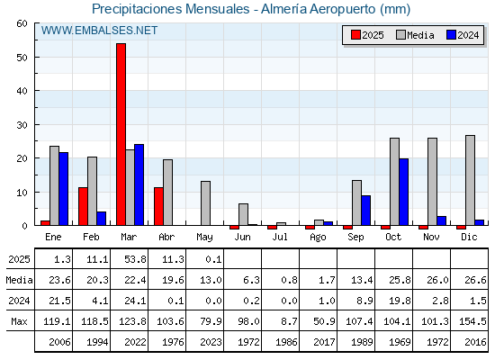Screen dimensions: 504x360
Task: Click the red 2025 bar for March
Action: tap(121, 134)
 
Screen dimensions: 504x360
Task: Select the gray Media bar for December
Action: tap(470, 180)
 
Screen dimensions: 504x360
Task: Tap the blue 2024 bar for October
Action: tap(404, 192)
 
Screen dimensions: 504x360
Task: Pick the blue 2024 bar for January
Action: tap(63, 189)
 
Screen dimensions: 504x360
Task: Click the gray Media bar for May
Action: tap(206, 203)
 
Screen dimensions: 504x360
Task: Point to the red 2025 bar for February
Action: tap(83, 206)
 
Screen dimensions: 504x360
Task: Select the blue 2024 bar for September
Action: tap(365, 211)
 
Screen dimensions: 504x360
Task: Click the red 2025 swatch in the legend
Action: tap(355, 35)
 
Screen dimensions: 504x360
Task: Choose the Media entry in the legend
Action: tap(415, 35)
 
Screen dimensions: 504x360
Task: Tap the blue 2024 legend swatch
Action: tap(451, 35)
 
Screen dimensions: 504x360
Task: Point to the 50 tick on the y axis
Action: tap(22, 58)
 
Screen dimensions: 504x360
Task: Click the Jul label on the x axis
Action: tap(280, 237)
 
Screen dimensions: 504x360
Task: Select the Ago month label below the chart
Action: tap(318, 238)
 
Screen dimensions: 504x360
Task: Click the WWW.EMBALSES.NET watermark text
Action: tap(99, 31)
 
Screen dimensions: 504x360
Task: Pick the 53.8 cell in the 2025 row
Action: tap(135, 259)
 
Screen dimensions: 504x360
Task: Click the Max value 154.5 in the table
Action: tap(472, 321)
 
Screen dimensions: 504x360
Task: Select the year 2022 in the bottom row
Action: tap(135, 342)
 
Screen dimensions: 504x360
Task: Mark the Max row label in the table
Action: tap(19, 321)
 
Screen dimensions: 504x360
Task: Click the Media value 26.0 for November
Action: tap(437, 280)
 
